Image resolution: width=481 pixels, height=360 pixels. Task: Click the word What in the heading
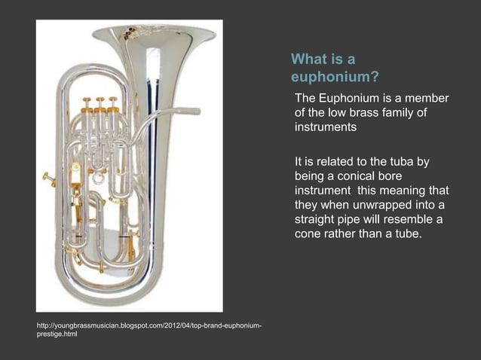click(308, 59)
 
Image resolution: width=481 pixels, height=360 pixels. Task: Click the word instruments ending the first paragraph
click(326, 127)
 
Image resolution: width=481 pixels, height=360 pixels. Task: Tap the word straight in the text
click(317, 220)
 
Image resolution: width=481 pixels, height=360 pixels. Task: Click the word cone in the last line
click(309, 234)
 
